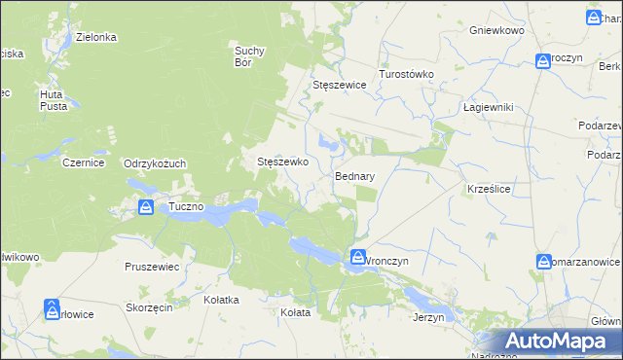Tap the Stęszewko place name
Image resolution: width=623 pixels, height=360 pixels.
click(x=282, y=162)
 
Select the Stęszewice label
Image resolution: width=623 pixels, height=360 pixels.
click(x=339, y=85)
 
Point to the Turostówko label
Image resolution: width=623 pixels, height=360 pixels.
click(x=406, y=74)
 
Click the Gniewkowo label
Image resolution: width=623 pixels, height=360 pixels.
click(x=496, y=31)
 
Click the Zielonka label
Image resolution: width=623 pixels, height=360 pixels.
click(x=96, y=37)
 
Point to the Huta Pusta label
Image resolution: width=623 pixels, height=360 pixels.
click(x=53, y=99)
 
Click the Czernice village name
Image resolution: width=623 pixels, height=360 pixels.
click(x=83, y=163)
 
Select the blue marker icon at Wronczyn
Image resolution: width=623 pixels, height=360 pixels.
click(x=358, y=257)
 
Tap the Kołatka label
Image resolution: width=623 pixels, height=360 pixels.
click(x=221, y=300)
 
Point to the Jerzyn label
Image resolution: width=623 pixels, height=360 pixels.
click(x=428, y=317)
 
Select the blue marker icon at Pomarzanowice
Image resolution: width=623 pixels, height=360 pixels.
click(x=544, y=261)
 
